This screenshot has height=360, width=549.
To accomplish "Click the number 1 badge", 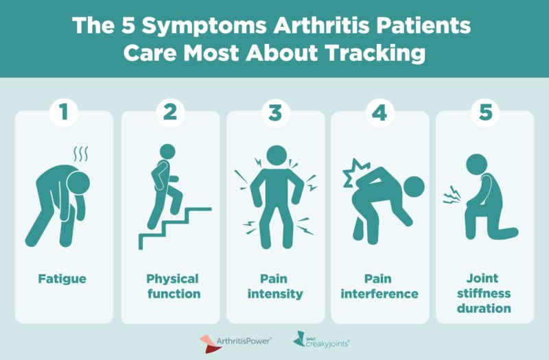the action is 64,112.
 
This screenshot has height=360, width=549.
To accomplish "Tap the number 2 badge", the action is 170,112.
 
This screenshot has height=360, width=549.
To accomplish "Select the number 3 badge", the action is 276,112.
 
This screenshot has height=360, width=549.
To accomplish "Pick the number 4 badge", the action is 380,112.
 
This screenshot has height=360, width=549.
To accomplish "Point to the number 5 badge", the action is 485,112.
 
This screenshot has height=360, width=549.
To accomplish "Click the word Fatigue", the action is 62,279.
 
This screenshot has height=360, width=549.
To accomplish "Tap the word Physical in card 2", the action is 172,279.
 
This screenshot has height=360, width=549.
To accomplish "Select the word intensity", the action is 275,294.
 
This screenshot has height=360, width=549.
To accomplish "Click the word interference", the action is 379,294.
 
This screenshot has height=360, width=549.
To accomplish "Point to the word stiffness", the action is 484,293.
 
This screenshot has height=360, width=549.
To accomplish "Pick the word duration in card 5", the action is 484,308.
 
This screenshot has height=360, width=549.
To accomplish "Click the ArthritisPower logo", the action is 235,343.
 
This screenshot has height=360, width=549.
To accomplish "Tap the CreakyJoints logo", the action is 321,340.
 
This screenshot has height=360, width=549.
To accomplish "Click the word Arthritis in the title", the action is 321,25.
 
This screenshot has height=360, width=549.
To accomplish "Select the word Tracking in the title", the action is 375,53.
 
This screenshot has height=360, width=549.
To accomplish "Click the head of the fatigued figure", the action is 78,183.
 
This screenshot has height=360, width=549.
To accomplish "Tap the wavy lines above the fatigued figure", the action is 80,154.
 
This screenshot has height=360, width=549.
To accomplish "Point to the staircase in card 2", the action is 175,228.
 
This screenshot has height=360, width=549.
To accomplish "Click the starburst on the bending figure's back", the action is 355,173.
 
